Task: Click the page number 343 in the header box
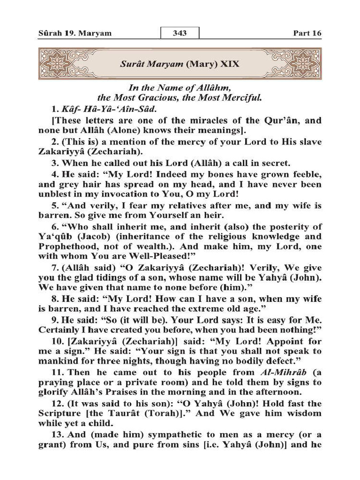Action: pos(180,33)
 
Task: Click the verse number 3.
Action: pos(55,164)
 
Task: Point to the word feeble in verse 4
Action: pos(307,175)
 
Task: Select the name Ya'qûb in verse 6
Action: pos(53,237)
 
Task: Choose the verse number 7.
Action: pos(55,269)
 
